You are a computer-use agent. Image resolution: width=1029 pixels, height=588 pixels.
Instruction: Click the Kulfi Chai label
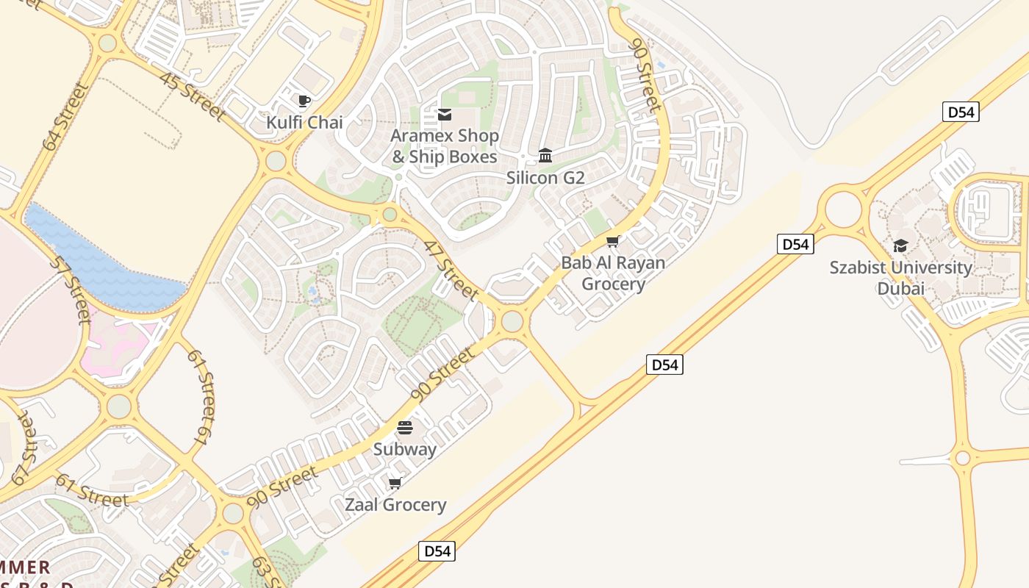coord(304,122)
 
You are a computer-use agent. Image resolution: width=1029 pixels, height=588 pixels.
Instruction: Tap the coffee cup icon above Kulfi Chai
coord(304,101)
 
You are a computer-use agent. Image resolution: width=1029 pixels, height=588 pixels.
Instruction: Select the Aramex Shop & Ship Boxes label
coord(444,146)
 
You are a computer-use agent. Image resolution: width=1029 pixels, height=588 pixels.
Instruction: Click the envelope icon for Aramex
coord(445,115)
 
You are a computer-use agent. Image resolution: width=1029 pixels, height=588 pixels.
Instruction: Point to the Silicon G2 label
coord(545,177)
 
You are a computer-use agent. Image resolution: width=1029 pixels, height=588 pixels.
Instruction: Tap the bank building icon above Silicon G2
coord(545,155)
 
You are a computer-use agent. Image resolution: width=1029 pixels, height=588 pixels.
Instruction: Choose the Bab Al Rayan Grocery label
coord(613,273)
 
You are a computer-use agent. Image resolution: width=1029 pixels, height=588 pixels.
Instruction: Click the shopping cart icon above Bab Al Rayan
coord(612,241)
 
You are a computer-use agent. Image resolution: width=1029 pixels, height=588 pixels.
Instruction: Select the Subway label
coord(405,449)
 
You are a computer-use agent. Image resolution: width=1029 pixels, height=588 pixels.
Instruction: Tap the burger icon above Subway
coord(405,428)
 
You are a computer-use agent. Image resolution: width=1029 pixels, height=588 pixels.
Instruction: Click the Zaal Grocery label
coord(395,505)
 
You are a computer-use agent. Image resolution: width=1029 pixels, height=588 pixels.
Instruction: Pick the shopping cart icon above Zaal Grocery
coord(395,483)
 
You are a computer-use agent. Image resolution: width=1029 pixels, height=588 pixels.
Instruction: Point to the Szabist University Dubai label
coord(901,278)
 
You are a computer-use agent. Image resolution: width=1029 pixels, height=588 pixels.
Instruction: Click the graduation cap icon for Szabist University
coord(900,245)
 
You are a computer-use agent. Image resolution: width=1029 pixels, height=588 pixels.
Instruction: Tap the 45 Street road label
coord(191,98)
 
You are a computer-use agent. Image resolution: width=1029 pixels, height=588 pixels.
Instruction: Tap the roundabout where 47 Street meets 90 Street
coord(512,321)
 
